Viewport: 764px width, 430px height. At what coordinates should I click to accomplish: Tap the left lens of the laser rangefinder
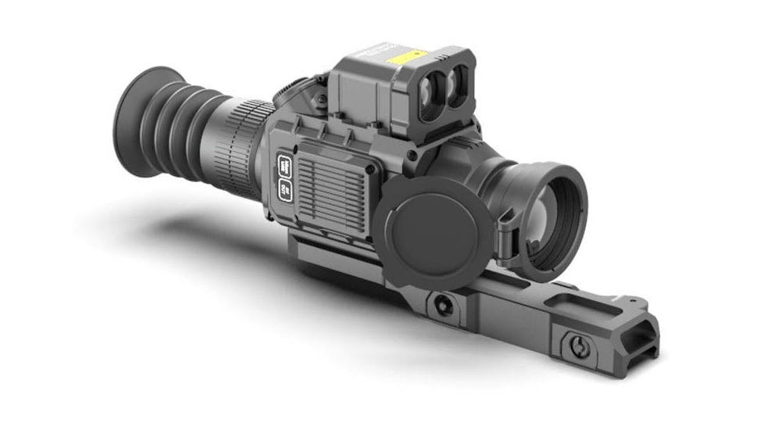(432, 89)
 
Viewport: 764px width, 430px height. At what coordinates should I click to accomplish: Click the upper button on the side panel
(284, 166)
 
